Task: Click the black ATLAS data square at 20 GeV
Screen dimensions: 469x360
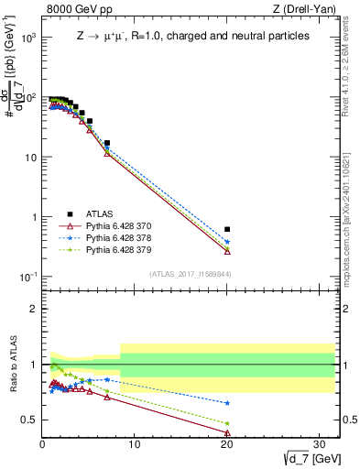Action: tap(227, 229)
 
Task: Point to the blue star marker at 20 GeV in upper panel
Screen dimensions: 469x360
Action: tap(227, 242)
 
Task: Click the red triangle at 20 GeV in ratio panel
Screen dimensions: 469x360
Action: tap(227, 433)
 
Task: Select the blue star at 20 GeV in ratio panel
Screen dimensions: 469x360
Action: tap(227, 403)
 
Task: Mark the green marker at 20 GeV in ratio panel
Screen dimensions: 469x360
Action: tap(227, 423)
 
